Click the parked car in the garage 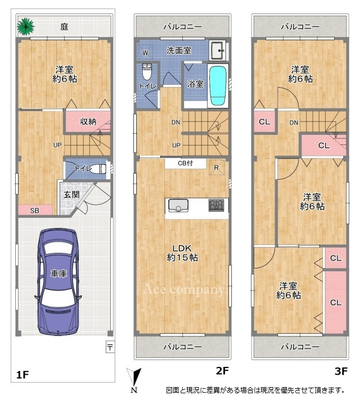pyautogui.click(x=58, y=281)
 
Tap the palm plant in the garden pyautogui.click(x=25, y=26)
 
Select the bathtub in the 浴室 pyautogui.click(x=218, y=85)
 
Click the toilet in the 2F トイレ pyautogui.click(x=147, y=71)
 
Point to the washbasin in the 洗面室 pyautogui.click(x=218, y=50)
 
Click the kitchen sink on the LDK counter pyautogui.click(x=178, y=206)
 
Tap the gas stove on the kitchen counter pyautogui.click(x=216, y=205)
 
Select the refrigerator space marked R pyautogui.click(x=217, y=167)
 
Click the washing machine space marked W pyautogui.click(x=145, y=52)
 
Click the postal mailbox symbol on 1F pyautogui.click(x=110, y=347)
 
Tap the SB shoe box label pyautogui.click(x=35, y=211)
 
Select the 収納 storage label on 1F pyautogui.click(x=88, y=121)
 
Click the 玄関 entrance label pyautogui.click(x=71, y=194)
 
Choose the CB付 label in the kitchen pyautogui.click(x=186, y=163)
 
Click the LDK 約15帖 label pyautogui.click(x=182, y=253)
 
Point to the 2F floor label pyautogui.click(x=222, y=371)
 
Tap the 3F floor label pyautogui.click(x=341, y=371)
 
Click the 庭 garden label pyautogui.click(x=64, y=26)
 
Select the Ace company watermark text pyautogui.click(x=184, y=289)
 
